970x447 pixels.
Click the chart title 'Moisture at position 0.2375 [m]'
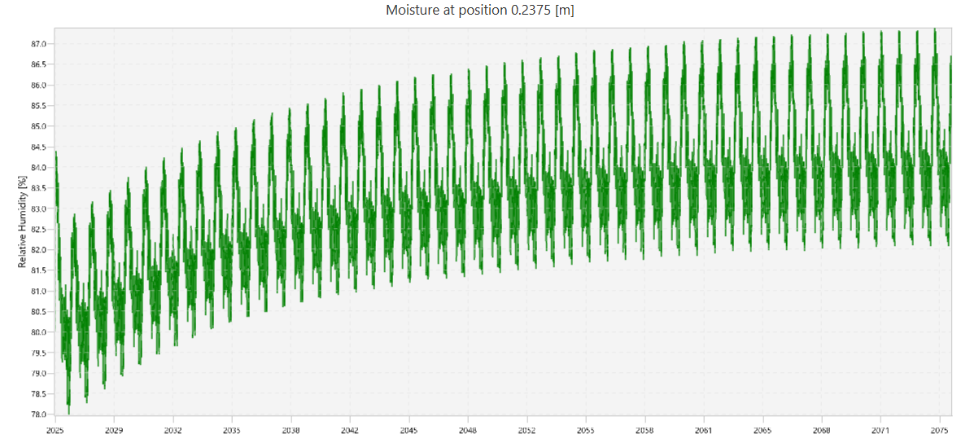(x=485, y=11)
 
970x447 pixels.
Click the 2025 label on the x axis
(x=55, y=430)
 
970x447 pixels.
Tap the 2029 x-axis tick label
(x=114, y=430)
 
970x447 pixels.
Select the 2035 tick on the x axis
(x=232, y=430)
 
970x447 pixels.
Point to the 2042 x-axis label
(x=350, y=430)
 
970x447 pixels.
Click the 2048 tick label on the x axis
(x=468, y=430)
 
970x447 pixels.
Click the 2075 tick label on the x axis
(x=940, y=430)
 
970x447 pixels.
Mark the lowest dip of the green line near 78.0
(x=68, y=411)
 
